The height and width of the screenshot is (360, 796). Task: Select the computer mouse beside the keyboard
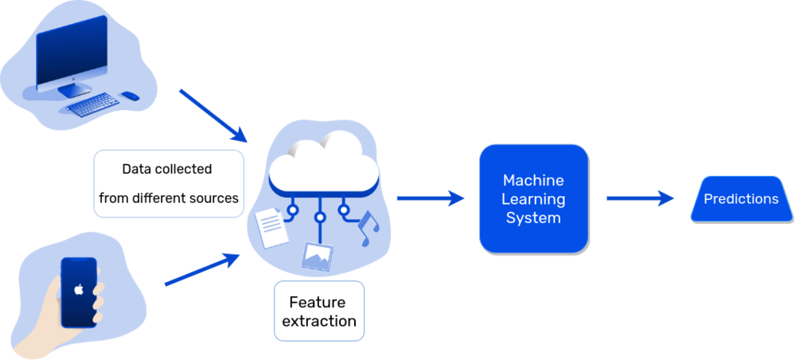point(131,98)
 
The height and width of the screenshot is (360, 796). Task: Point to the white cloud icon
point(322,163)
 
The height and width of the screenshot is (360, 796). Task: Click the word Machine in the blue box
point(533,181)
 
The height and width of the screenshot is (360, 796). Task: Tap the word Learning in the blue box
point(533,199)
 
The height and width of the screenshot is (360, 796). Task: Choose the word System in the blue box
point(533,217)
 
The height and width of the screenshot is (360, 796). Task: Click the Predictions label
point(740,199)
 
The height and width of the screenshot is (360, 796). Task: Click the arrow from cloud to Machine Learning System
point(431,198)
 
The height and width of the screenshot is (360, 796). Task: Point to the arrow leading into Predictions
point(640,198)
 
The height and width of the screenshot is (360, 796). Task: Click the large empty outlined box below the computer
point(169,183)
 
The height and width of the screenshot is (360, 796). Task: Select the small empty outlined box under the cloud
point(318,311)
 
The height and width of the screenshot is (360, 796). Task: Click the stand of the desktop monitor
point(77,90)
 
